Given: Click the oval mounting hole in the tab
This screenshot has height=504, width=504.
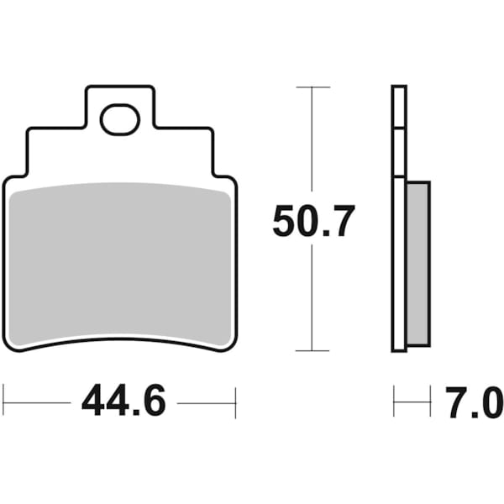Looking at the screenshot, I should [x=119, y=120].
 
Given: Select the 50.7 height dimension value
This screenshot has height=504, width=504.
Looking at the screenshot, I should [x=313, y=222].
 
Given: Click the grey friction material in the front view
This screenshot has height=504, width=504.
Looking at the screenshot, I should [x=121, y=265].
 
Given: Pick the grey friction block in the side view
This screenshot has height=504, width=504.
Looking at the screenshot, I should [x=417, y=264].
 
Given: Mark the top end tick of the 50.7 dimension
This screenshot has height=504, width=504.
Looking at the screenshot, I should [x=312, y=87].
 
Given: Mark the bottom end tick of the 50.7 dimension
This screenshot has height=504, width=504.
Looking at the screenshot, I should [x=312, y=350].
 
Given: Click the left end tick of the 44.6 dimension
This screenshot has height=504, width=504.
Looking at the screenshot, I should [x=4, y=402].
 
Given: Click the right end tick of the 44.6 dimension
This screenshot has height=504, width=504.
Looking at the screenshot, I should [x=236, y=402].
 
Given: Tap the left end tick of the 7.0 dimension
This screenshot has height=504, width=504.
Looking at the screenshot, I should [x=394, y=402].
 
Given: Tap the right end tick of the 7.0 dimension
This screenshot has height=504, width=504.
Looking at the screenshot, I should [x=430, y=402].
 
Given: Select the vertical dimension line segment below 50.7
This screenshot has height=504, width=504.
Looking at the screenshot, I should [x=312, y=302].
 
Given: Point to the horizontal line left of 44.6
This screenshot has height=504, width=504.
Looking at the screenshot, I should [x=38, y=402].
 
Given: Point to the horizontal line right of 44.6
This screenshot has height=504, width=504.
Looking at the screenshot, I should [x=206, y=402].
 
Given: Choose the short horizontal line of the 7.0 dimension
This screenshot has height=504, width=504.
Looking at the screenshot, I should [x=412, y=402].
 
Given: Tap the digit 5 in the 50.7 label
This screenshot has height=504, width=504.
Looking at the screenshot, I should [x=285, y=222].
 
